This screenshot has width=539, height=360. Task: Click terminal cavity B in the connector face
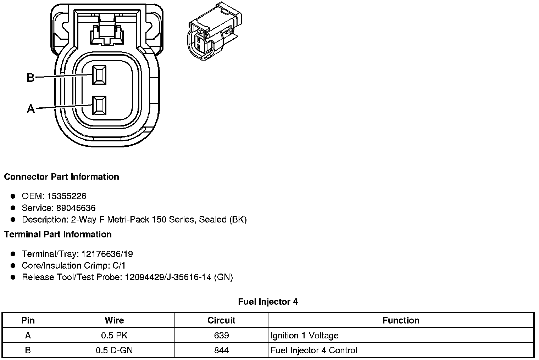coord(99,75)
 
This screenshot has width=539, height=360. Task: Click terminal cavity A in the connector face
coord(99,105)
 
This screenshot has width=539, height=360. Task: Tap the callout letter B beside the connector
coord(31,77)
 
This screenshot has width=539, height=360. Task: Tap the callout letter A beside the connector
coord(31,108)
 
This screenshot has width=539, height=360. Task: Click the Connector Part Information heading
coord(61,177)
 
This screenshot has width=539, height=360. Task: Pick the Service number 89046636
coord(76,208)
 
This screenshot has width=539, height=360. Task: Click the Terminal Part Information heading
coord(58,235)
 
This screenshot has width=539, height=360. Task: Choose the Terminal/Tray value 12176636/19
coord(107,254)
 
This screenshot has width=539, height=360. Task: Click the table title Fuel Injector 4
coord(268,302)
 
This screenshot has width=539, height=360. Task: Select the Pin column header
coord(28,321)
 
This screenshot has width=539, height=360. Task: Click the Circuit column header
coord(221,321)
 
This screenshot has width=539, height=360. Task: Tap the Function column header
coord(401,321)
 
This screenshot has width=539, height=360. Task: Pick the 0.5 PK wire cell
coord(114,336)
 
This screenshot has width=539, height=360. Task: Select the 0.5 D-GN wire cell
coord(114,350)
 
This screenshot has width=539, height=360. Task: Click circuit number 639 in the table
coord(221,336)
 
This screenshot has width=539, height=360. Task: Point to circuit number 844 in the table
coord(221,350)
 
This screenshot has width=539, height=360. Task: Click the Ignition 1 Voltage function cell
coord(304,336)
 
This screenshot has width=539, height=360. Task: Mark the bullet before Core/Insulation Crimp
coord(13,266)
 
